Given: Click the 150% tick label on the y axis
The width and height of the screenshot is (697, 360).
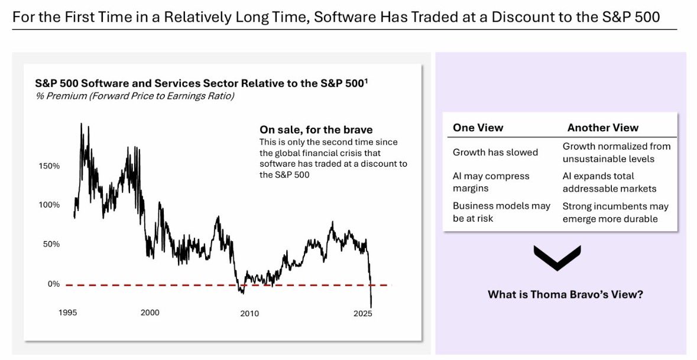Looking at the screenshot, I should [x=49, y=166].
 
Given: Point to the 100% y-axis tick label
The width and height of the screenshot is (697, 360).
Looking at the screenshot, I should [x=49, y=205].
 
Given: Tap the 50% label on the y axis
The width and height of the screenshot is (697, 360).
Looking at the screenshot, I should [x=51, y=244].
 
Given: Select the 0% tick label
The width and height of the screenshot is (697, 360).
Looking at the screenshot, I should [x=54, y=284].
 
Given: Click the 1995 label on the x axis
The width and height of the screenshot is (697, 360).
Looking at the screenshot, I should [x=69, y=313].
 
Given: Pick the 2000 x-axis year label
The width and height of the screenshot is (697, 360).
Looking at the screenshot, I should [x=150, y=313].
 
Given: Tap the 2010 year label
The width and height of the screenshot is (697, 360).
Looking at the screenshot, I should [x=249, y=313].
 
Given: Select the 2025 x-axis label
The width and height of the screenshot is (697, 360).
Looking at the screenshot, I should [x=361, y=313].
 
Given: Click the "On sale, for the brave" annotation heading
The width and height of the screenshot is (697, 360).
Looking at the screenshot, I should [x=316, y=129].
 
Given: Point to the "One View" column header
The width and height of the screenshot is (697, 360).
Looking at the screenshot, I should [x=478, y=128].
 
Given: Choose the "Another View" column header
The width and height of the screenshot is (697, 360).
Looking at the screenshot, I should [x=602, y=128].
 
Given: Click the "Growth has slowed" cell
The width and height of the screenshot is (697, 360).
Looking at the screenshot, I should [x=495, y=153].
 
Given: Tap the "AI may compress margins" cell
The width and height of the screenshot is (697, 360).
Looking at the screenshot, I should [x=491, y=182].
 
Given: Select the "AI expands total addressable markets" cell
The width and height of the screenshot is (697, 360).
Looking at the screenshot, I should [x=610, y=182].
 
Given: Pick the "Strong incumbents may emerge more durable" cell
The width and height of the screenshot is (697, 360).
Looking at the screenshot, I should [x=615, y=212].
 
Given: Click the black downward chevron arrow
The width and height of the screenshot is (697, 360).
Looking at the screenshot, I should [x=557, y=257].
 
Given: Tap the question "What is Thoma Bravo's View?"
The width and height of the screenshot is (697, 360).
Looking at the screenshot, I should [x=565, y=294].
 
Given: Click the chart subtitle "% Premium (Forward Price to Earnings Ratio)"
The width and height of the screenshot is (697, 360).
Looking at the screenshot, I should [x=134, y=96].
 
